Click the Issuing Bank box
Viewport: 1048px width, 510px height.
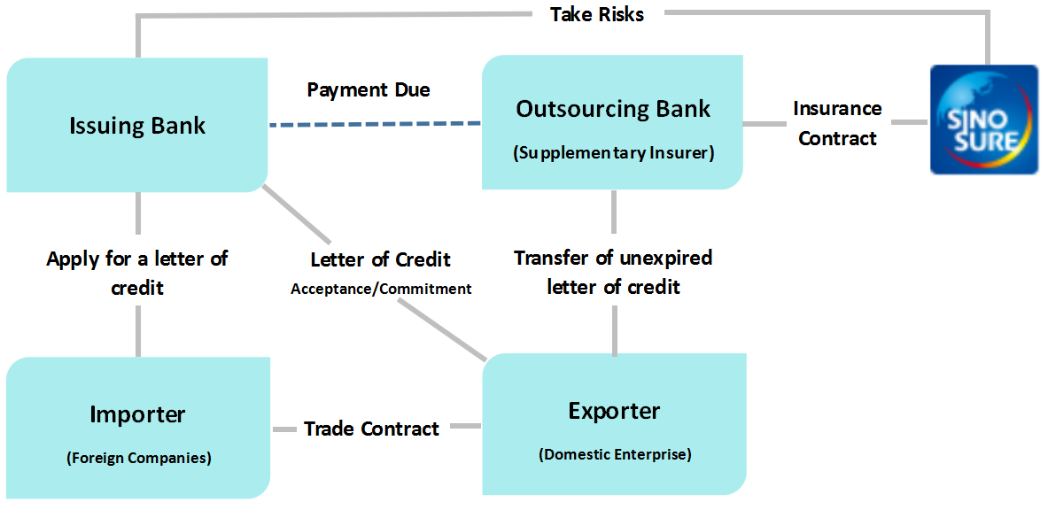(x=137, y=125)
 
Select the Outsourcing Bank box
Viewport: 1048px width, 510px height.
(x=612, y=121)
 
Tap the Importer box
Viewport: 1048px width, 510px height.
(x=137, y=428)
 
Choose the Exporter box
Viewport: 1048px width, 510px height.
(x=614, y=424)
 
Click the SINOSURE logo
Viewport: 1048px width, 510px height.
(x=984, y=120)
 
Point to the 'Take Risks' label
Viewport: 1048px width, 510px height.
(x=597, y=15)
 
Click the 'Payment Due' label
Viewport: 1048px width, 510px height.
(x=369, y=89)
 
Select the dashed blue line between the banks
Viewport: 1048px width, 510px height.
(x=375, y=124)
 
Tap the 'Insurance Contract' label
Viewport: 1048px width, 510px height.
(x=837, y=123)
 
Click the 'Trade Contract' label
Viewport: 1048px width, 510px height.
(x=371, y=428)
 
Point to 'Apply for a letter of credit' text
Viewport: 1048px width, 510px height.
(x=137, y=273)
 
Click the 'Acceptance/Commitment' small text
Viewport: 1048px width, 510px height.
(x=381, y=290)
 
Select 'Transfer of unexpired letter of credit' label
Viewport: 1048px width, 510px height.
(x=614, y=272)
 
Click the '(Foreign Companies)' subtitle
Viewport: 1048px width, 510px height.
(x=138, y=458)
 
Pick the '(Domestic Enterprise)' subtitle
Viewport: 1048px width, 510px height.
(x=614, y=455)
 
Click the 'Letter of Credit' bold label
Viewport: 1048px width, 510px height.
(x=381, y=259)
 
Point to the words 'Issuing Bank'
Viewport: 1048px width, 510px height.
(x=137, y=126)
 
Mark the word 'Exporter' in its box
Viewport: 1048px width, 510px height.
(x=614, y=411)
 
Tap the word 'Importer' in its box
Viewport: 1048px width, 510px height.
(x=137, y=414)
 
